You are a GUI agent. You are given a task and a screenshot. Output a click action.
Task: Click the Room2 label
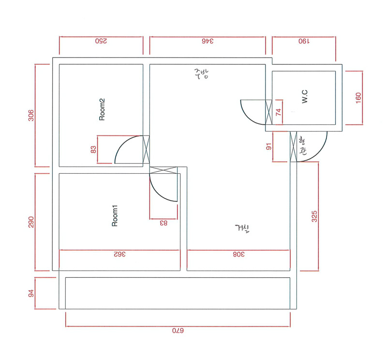point(102,109)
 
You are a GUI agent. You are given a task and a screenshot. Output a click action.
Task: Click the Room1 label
point(115,215)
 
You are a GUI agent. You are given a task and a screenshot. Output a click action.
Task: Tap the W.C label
point(305,96)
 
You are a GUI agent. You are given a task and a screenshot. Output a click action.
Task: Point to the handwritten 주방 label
point(201,74)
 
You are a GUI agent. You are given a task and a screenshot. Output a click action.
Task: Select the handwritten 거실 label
point(242,229)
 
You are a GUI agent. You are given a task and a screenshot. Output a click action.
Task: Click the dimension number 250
point(101,41)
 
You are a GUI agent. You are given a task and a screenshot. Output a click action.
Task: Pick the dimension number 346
point(208,41)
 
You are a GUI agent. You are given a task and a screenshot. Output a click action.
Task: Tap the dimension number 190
point(304,41)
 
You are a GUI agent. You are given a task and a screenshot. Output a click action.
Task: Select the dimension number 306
point(31,115)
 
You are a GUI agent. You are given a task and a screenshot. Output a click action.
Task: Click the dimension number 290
point(31,222)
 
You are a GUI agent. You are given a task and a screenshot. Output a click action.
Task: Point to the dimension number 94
point(31,293)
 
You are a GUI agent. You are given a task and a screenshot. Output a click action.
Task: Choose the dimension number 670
point(178,330)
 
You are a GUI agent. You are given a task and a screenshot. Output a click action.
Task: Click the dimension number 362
point(119,254)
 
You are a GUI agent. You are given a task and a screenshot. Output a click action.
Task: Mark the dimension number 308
point(238,254)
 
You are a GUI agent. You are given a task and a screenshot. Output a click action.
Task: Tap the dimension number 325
point(314,216)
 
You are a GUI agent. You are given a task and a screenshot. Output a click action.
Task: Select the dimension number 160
point(358,98)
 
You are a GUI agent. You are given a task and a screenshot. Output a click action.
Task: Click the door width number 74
point(279,112)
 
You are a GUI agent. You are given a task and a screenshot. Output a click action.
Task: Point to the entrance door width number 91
point(269,147)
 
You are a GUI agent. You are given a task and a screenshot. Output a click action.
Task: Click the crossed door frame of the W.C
point(268,112)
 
